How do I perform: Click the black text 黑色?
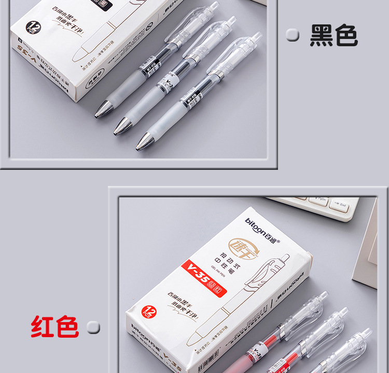tap(334, 35)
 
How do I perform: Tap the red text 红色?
tap(54, 327)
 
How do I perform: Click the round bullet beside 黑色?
tap(293, 35)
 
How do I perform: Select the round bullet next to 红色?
tap(93, 327)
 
